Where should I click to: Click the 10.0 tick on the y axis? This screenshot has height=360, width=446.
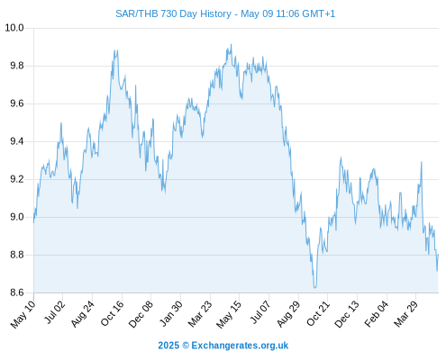14,28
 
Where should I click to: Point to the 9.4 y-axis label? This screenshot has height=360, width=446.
17,141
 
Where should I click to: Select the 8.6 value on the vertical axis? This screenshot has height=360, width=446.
17,292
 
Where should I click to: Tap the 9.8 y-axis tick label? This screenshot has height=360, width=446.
17,66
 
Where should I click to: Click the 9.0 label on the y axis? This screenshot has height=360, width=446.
17,217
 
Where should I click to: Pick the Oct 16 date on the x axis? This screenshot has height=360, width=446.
112,313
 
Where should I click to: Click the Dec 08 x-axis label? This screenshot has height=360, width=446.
141,313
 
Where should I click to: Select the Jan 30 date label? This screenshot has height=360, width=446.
171,313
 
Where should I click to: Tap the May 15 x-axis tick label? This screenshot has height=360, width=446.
229,314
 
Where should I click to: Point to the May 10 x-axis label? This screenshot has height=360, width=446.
23,314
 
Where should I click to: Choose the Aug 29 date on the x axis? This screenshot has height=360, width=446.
288,313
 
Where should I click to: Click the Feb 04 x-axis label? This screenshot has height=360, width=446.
377,313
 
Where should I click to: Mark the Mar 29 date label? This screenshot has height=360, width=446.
406,313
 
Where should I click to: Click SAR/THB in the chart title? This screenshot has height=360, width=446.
137,13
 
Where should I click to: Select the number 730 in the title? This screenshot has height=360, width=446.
168,13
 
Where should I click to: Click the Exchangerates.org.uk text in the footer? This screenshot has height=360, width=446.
240,346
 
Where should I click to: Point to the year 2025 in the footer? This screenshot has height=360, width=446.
168,346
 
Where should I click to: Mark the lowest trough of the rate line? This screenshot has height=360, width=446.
314,287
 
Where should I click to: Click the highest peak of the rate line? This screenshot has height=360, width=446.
231,44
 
